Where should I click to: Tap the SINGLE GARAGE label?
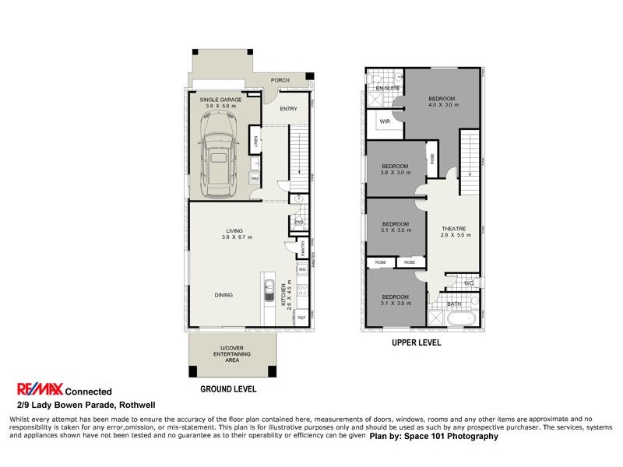(220, 100)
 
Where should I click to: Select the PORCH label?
(280, 80)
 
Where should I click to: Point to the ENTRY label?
(289, 109)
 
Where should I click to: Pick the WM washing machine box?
(255, 178)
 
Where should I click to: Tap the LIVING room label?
(234, 230)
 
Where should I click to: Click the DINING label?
(224, 295)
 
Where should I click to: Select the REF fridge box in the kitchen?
(301, 318)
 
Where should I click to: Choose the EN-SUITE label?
(387, 90)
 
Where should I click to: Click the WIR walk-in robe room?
(385, 122)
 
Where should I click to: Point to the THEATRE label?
(451, 228)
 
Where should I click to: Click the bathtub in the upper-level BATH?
(463, 318)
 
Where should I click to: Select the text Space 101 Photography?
(459, 437)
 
